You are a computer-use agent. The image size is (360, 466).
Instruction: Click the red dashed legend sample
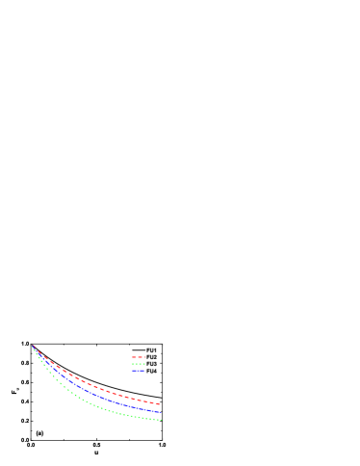click(x=139, y=357)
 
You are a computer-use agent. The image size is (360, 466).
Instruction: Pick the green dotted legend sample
click(x=139, y=364)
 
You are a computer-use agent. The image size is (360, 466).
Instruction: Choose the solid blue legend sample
click(x=139, y=371)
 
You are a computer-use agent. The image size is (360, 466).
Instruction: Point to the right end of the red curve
click(x=160, y=404)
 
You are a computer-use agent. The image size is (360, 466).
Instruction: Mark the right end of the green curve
click(x=161, y=420)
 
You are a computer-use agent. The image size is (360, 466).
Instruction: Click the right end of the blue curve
click(x=161, y=412)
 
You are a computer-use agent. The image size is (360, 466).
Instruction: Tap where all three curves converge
click(x=33, y=347)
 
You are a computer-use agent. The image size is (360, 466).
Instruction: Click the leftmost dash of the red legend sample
click(x=134, y=357)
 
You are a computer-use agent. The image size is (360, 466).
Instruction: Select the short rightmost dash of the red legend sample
click(x=144, y=357)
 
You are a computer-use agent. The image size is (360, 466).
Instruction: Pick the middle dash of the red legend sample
click(x=140, y=357)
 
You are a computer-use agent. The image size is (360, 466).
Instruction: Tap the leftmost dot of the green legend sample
click(x=133, y=364)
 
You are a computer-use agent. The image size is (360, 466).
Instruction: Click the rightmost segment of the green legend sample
click(x=144, y=364)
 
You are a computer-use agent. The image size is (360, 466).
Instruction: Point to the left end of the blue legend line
click(x=133, y=371)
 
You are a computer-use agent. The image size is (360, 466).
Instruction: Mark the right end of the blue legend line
click(x=144, y=371)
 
